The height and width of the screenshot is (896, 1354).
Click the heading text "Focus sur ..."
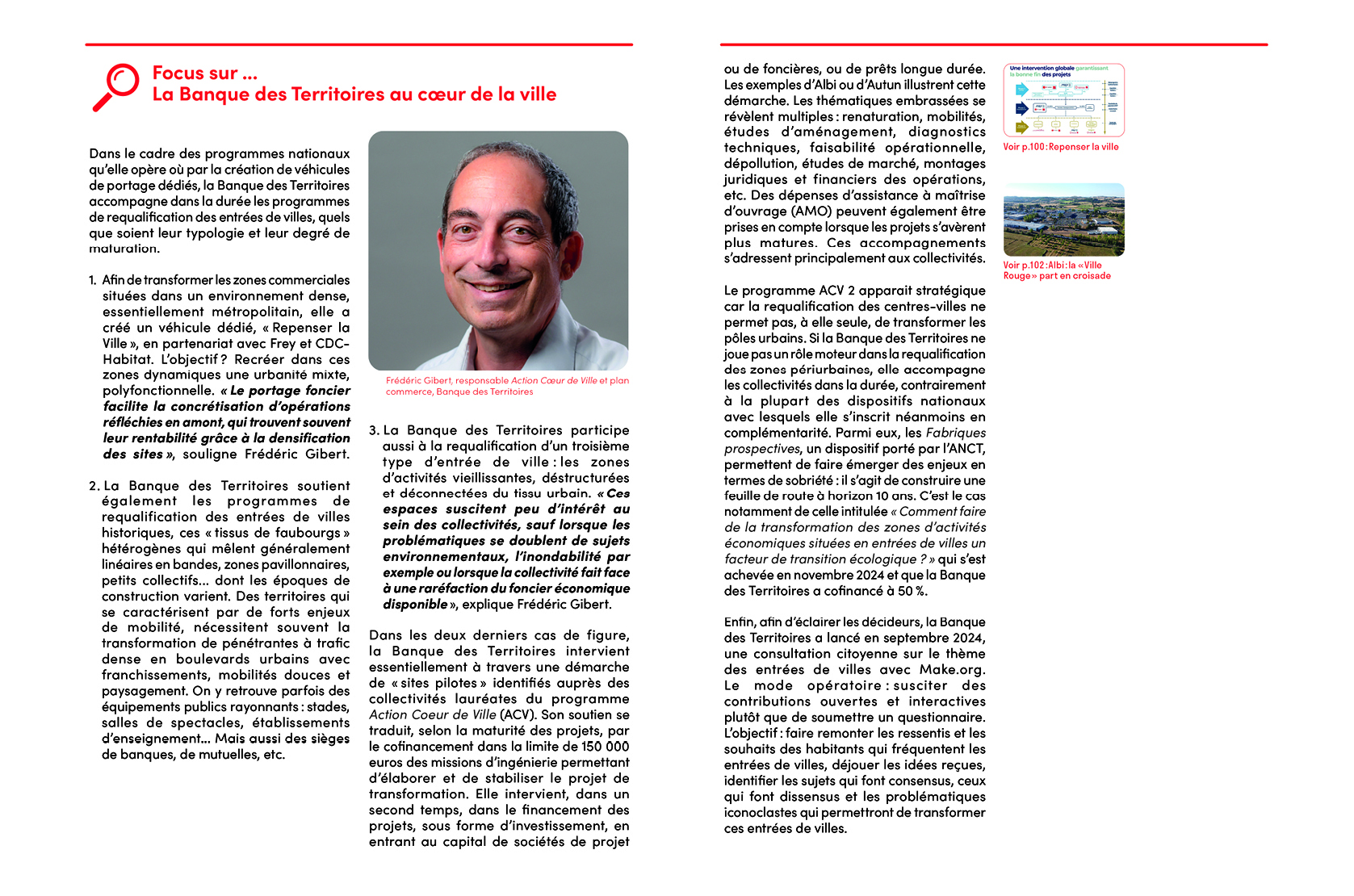click(x=204, y=73)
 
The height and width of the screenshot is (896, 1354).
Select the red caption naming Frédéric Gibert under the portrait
click(x=506, y=386)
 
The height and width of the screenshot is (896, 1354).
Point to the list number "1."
click(x=93, y=280)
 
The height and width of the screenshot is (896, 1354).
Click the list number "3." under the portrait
click(x=374, y=430)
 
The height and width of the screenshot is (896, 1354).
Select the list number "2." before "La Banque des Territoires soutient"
click(x=94, y=486)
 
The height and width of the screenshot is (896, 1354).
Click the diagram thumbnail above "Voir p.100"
click(x=1063, y=100)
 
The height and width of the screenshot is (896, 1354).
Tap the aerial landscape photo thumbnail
click(x=1063, y=220)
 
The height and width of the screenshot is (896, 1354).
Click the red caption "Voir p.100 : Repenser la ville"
click(x=1060, y=147)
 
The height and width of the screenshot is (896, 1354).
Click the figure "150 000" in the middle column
click(x=605, y=747)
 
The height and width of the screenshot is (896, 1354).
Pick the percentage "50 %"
click(x=912, y=591)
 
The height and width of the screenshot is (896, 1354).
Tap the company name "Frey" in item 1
click(x=283, y=343)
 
